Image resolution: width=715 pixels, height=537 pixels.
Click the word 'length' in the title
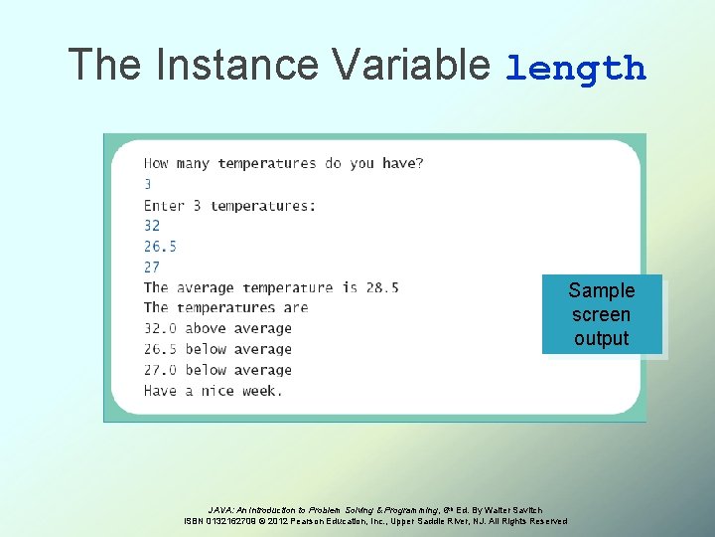(576, 69)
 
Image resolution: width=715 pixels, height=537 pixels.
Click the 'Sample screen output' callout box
(601, 314)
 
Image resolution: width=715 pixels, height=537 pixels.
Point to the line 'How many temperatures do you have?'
(283, 163)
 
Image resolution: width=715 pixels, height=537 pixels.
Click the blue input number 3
(148, 184)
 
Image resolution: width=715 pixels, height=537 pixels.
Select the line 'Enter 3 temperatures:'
(229, 205)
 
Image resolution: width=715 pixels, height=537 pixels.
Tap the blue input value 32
(152, 226)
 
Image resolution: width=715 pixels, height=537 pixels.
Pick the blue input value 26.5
(160, 246)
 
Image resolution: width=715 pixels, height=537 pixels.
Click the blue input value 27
(152, 267)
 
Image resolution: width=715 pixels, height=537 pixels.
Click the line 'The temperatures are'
(225, 308)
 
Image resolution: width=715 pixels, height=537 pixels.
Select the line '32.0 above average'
(217, 328)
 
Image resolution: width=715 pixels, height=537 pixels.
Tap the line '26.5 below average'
(217, 349)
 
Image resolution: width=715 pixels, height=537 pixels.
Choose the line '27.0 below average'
(217, 370)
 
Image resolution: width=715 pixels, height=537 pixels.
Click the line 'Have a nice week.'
(213, 391)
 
